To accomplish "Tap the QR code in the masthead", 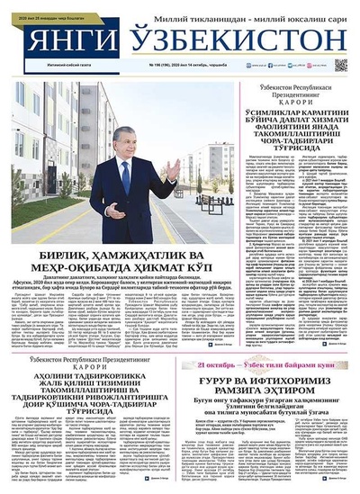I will click(x=341, y=65).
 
